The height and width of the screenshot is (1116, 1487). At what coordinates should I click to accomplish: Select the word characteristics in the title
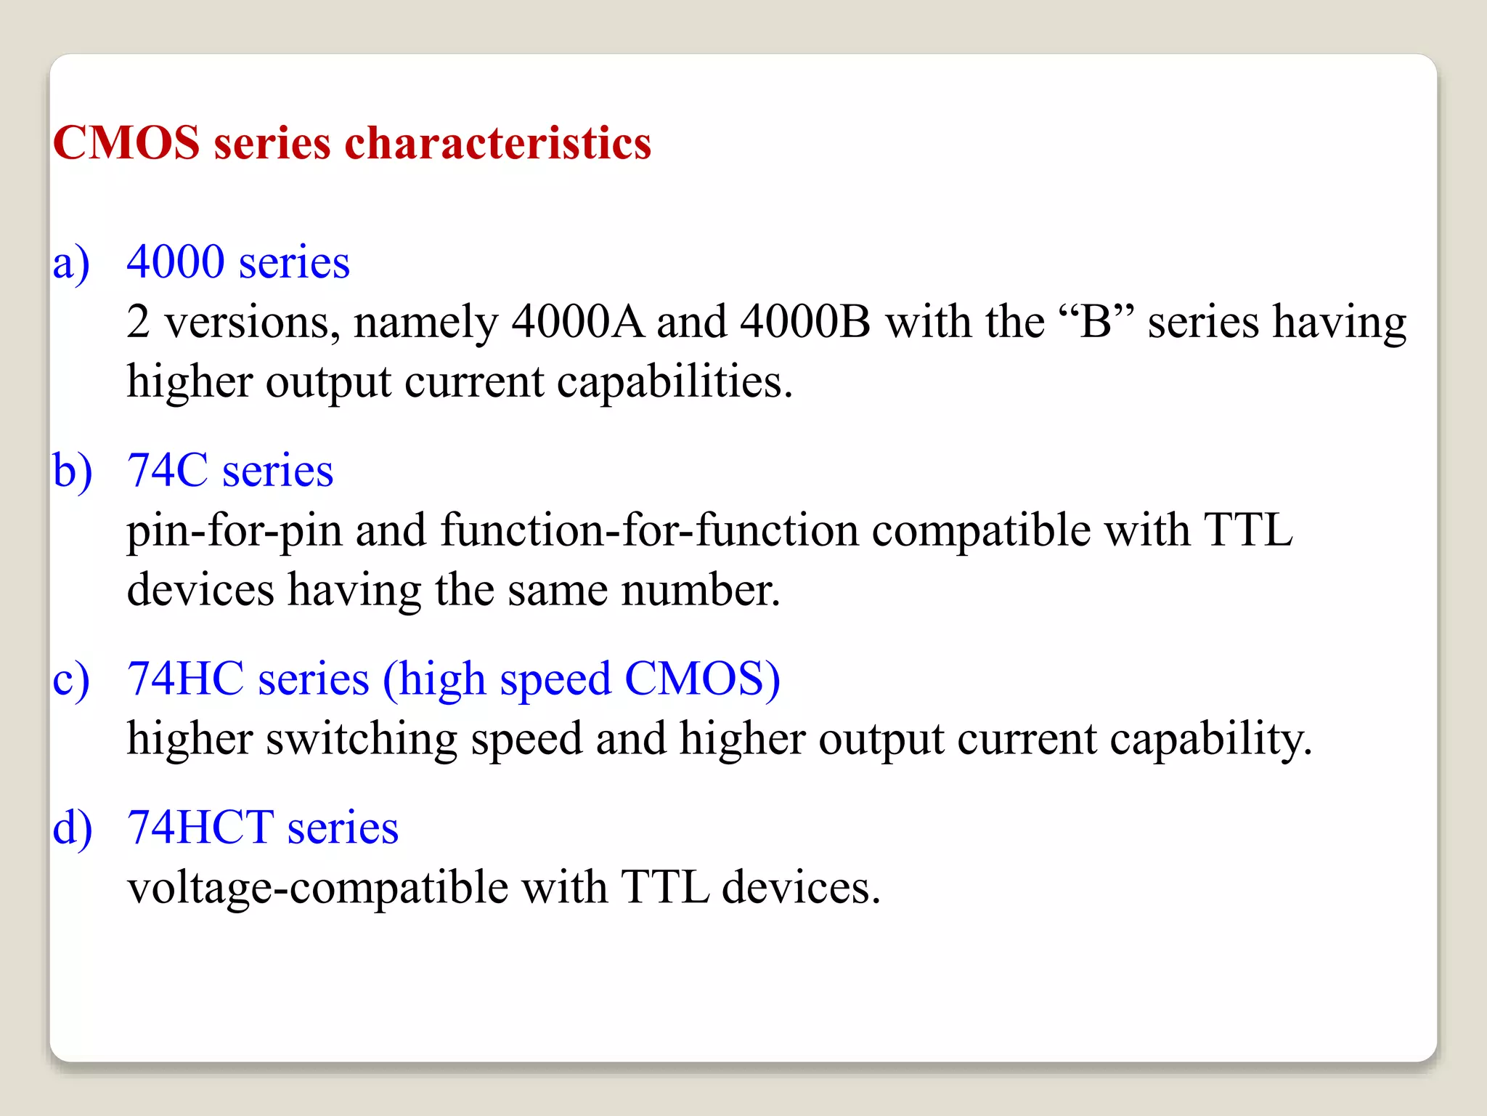(x=497, y=142)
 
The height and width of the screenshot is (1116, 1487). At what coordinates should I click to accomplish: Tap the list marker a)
(x=71, y=263)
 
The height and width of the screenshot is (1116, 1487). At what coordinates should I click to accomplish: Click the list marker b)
(x=73, y=471)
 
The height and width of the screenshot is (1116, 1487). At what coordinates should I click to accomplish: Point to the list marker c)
(x=71, y=680)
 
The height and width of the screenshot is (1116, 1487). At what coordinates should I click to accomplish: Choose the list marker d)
(x=73, y=828)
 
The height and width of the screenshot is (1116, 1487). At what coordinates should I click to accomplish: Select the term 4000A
(x=577, y=321)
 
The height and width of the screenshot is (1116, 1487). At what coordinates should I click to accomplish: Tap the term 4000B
(x=804, y=321)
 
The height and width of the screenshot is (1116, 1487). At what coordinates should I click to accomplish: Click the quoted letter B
(x=1096, y=321)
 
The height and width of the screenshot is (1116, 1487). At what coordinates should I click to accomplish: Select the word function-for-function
(x=649, y=530)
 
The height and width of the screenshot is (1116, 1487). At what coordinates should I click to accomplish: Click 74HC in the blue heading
(x=185, y=679)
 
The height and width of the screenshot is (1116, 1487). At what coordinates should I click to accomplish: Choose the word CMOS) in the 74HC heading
(x=701, y=679)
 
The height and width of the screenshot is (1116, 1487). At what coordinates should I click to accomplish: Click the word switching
(x=361, y=740)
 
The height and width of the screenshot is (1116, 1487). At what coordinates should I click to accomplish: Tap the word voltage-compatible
(x=317, y=889)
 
